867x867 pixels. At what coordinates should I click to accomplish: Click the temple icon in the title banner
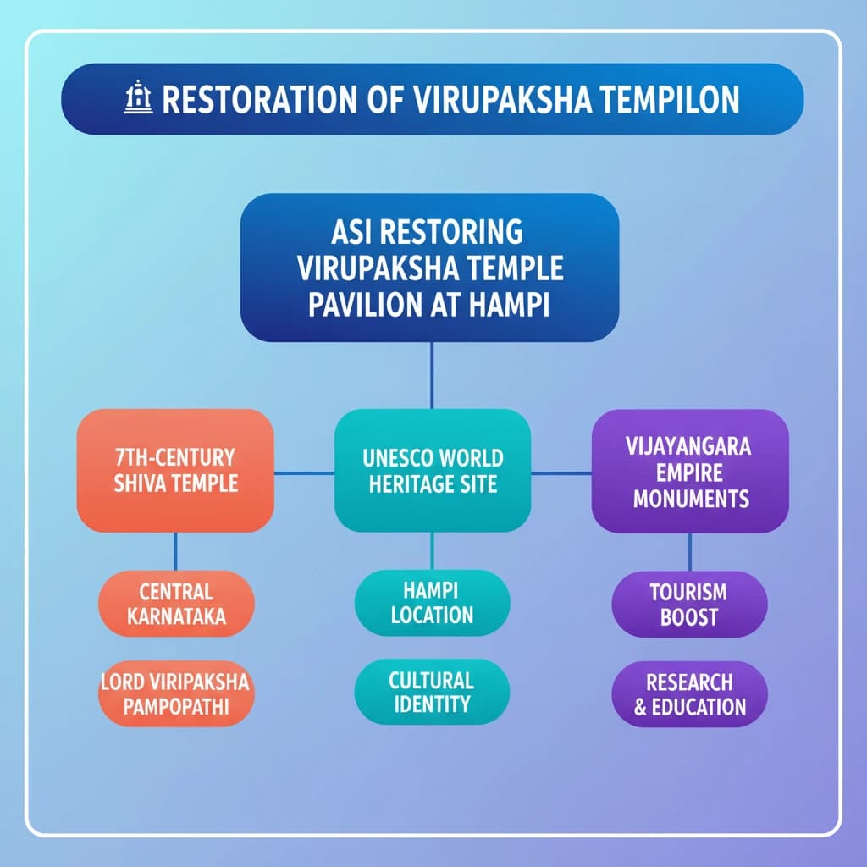135,99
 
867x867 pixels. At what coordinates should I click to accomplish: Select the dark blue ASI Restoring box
429,267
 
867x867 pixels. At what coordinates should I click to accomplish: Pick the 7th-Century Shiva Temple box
175,470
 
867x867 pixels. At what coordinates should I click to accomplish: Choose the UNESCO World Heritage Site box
433,470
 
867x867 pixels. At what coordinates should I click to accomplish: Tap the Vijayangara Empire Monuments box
690,470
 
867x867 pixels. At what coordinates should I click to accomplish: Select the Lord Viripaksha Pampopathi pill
176,694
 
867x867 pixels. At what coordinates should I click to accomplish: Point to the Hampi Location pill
433,602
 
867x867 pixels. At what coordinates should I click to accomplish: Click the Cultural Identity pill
433,692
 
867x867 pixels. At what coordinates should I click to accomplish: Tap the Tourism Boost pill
689,604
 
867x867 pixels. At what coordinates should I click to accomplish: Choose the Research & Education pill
689,694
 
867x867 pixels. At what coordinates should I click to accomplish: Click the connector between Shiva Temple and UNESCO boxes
304,473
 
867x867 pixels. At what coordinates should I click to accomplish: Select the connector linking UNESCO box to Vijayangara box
561,473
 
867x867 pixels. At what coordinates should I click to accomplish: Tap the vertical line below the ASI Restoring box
432,375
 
